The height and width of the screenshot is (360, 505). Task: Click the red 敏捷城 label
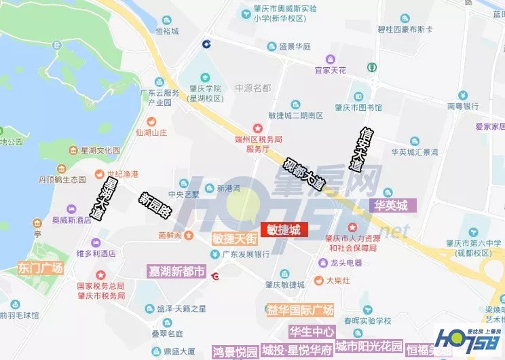click(284, 230)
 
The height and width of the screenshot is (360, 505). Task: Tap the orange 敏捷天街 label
click(234, 238)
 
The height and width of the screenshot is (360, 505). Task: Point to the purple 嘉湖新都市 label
click(176, 272)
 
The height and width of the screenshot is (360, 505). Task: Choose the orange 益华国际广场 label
click(300, 310)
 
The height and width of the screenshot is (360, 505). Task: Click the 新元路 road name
click(154, 204)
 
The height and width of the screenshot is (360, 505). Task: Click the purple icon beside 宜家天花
click(330, 59)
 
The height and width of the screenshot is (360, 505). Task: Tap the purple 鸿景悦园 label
click(235, 351)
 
